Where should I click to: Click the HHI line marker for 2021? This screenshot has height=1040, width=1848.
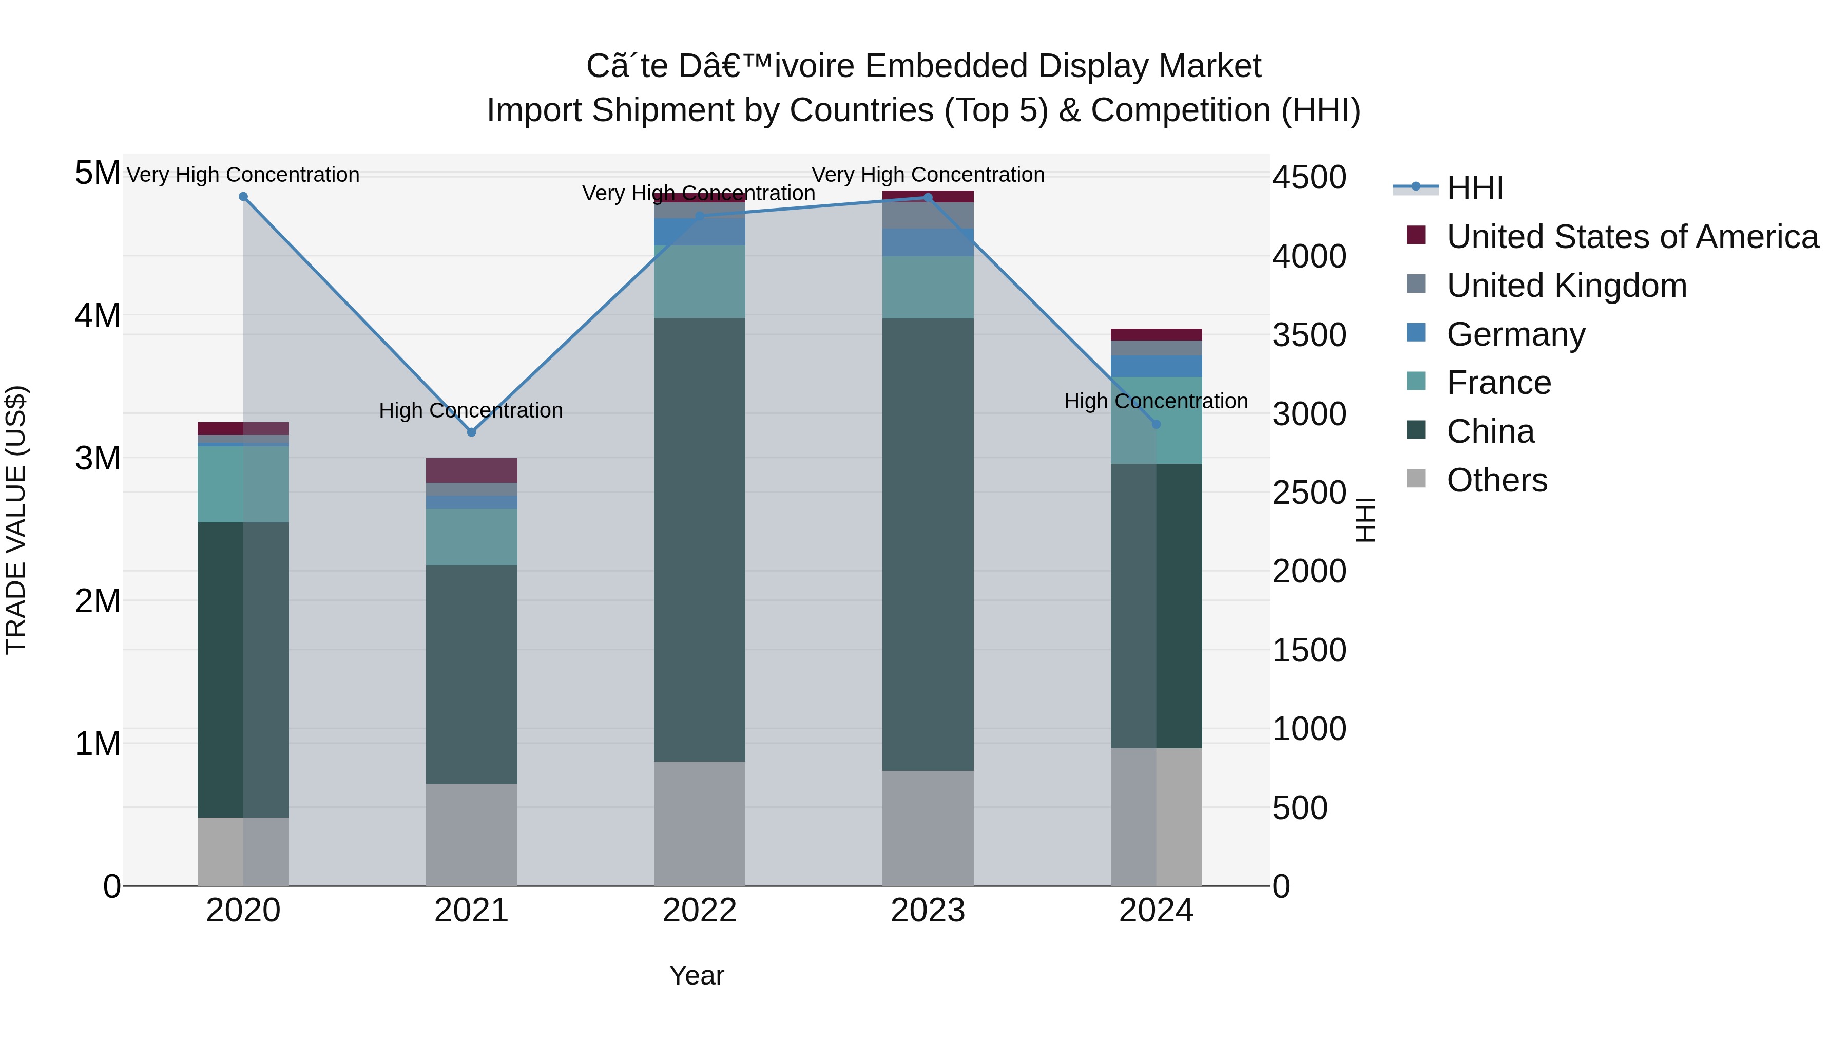pos(471,432)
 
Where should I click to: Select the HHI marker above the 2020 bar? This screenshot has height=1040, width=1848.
pos(243,197)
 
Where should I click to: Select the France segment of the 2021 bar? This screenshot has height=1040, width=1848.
pos(471,537)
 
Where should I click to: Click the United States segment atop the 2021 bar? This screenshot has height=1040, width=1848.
pos(471,470)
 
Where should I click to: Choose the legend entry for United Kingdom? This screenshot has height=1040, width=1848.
pos(1566,286)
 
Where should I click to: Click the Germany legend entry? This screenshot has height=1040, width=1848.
pos(1515,334)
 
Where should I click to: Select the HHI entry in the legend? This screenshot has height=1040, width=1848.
pos(1474,188)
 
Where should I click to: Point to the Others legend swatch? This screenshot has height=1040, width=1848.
pos(1415,479)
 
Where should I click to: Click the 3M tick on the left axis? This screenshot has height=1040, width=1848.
pos(98,458)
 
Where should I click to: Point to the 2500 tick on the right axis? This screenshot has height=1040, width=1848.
pos(1309,493)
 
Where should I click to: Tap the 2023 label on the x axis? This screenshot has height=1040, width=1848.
pos(928,911)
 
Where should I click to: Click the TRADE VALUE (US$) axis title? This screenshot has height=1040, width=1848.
pos(16,520)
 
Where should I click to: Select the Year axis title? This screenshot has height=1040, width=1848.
pos(696,975)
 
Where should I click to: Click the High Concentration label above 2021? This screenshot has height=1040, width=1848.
pos(471,410)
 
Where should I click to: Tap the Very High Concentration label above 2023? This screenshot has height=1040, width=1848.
pos(928,175)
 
